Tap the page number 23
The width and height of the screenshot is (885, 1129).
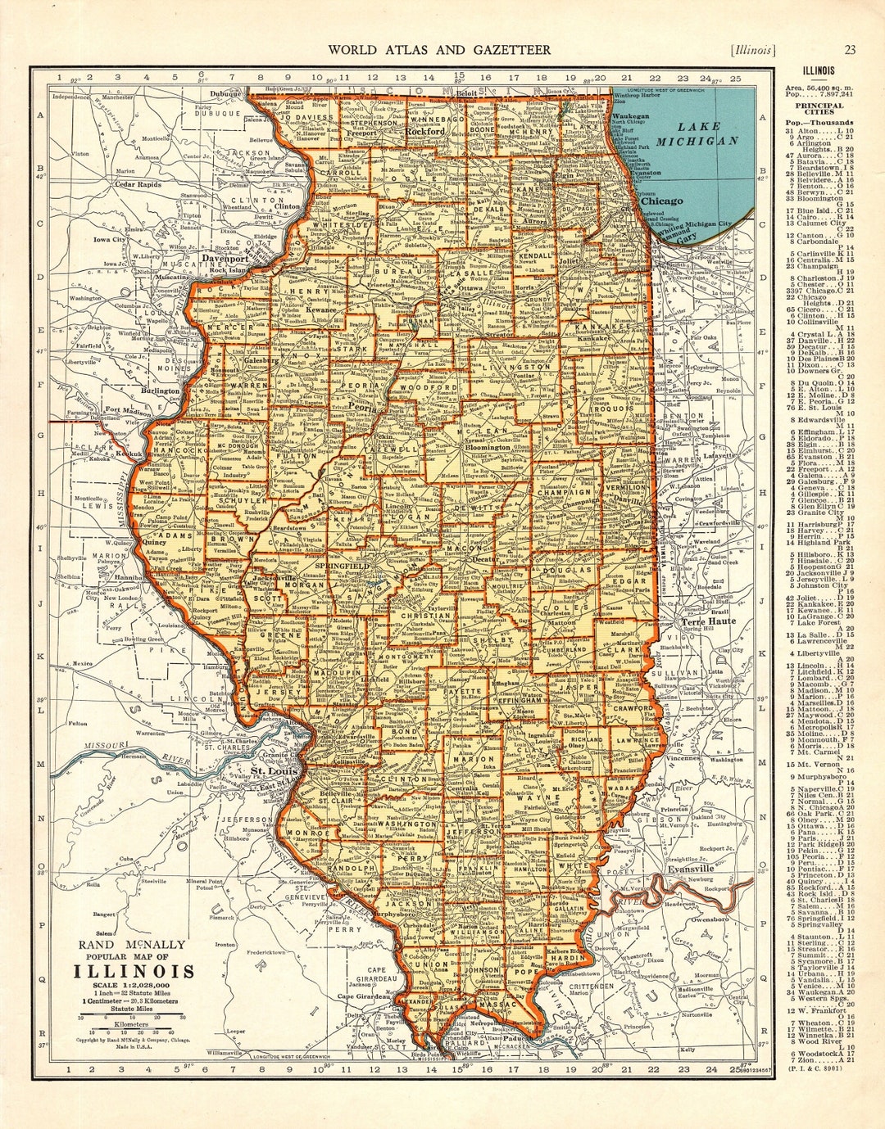tap(850, 50)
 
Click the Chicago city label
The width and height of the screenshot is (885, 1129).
tap(661, 201)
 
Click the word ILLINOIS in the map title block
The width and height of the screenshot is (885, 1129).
tap(134, 972)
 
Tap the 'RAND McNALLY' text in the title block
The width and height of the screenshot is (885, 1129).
tap(132, 944)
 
